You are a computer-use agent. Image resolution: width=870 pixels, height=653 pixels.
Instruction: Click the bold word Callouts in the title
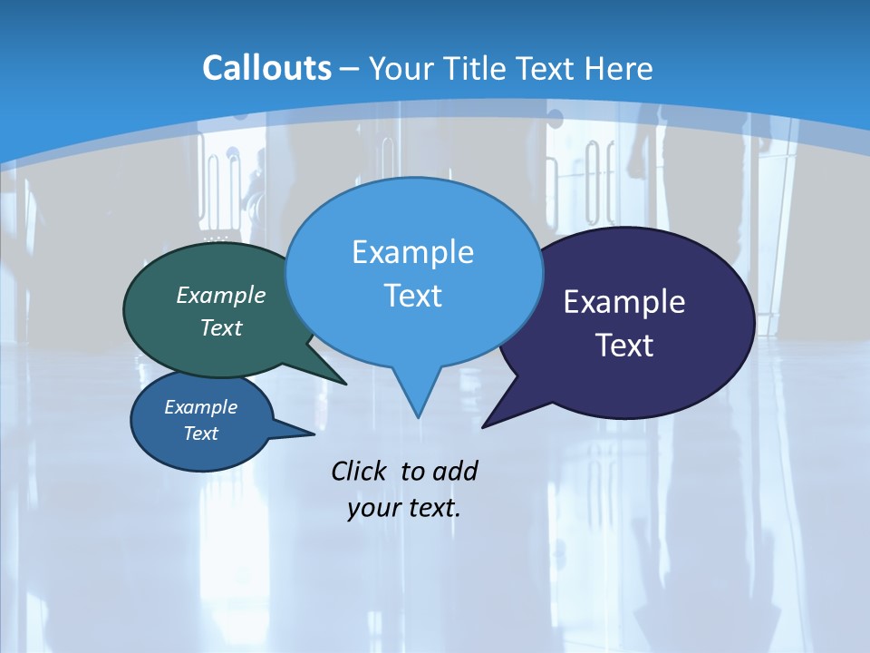266,68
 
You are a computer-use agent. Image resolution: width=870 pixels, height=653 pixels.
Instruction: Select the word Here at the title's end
620,68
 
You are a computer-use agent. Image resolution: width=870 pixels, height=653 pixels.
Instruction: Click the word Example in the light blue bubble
412,251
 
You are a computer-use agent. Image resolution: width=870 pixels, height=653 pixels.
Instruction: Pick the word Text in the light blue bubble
412,295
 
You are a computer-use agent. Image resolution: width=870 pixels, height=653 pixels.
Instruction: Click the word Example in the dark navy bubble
624,301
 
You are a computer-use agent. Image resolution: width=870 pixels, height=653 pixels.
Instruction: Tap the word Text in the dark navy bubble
624,345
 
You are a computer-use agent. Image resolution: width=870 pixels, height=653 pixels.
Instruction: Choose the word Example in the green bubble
221,295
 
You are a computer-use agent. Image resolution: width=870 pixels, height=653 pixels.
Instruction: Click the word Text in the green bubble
221,327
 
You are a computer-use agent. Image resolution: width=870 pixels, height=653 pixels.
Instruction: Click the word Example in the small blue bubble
200,407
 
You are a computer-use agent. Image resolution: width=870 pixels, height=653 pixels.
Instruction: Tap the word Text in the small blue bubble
200,434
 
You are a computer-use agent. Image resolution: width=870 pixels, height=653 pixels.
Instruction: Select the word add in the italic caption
455,471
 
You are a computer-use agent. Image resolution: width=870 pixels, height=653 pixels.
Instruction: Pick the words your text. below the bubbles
404,508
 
